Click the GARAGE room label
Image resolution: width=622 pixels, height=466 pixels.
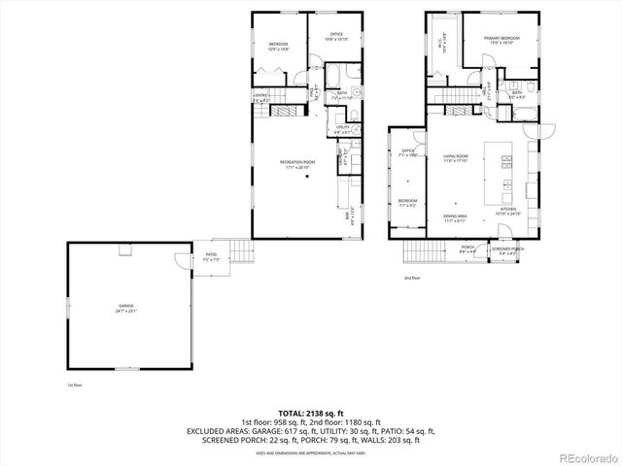point(121,308)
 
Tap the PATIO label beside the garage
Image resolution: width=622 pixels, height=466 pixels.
point(210,257)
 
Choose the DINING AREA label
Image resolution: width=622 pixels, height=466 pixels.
point(456,218)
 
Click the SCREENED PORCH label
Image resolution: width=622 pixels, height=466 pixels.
point(505,250)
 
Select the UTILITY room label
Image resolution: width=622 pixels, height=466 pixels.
point(342,129)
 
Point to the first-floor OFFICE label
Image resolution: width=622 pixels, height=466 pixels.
point(328,37)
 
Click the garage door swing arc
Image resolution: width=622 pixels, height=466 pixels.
point(181,259)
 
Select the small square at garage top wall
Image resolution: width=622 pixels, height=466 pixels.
point(123,251)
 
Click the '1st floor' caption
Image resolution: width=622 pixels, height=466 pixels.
point(47,386)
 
